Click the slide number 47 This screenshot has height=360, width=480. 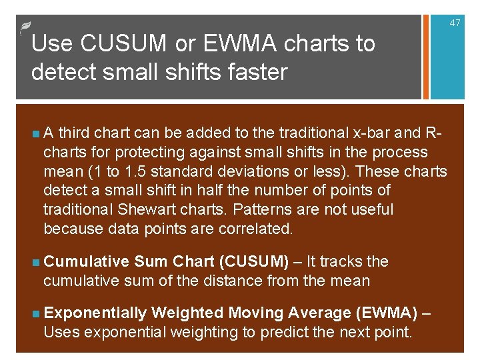click(455, 23)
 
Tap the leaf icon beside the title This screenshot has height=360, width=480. click(24, 27)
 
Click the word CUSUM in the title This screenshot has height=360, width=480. click(123, 44)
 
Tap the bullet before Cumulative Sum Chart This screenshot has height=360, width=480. click(34, 262)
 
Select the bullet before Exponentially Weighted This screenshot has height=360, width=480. click(34, 313)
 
